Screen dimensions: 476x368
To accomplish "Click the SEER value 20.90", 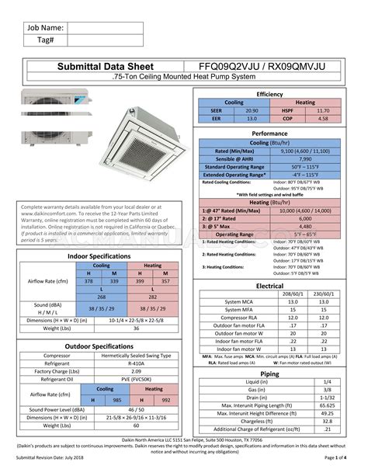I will tap(252, 111).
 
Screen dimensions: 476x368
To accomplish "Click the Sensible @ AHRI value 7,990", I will tap(306, 158).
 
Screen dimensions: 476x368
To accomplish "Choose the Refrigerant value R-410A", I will tap(137, 362).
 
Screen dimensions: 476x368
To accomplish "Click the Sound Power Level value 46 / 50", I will tap(137, 408).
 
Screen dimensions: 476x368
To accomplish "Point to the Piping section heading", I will tap(270, 374).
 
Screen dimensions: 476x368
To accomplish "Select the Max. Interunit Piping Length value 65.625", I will tap(328, 405).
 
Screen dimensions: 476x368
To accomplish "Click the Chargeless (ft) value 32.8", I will tap(328, 422).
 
